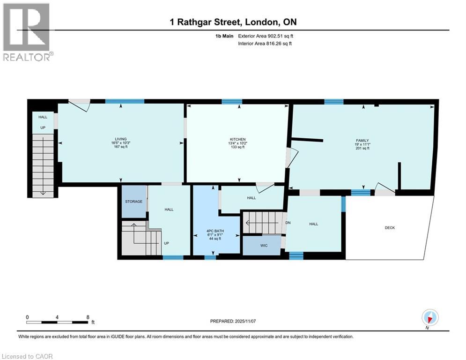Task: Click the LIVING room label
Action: pos(121,139)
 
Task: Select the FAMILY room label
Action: pos(362,140)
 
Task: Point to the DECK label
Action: pos(390,228)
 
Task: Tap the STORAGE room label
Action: pos(133,202)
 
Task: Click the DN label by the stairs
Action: pos(288,223)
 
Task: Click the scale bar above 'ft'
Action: pos(57,322)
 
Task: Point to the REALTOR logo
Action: pos(27,32)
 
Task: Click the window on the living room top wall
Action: pos(125,101)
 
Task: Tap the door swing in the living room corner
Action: pos(80,105)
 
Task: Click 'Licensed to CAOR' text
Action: pos(27,356)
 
